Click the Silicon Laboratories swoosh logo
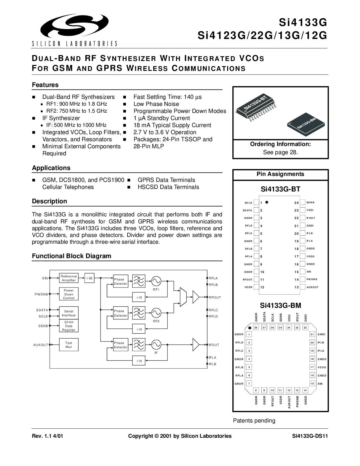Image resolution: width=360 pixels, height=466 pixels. pyautogui.click(x=75, y=26)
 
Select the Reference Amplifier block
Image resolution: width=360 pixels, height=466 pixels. pyautogui.click(x=69, y=278)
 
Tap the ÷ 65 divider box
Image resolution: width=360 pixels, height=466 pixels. pyautogui.click(x=90, y=278)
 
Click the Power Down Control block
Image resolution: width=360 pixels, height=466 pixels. pyautogui.click(x=69, y=294)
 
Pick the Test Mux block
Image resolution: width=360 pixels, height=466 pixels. pyautogui.click(x=69, y=345)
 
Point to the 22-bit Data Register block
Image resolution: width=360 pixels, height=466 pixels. pyautogui.click(x=69, y=326)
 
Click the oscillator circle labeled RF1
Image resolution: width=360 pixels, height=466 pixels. pyautogui.click(x=156, y=281)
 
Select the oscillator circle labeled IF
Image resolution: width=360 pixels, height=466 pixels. pyautogui.click(x=156, y=345)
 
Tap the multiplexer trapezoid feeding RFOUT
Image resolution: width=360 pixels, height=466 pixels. pyautogui.click(x=183, y=297)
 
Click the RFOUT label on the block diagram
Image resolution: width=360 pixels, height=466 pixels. pyautogui.click(x=215, y=297)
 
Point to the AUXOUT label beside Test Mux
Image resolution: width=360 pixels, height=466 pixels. pyautogui.click(x=41, y=345)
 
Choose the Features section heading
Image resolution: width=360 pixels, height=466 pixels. pyautogui.click(x=45, y=85)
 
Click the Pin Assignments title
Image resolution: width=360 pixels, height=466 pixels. pyautogui.click(x=280, y=174)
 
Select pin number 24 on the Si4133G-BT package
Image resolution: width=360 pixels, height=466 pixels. pyautogui.click(x=296, y=203)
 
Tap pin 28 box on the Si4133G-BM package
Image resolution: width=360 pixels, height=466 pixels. pyautogui.click(x=256, y=327)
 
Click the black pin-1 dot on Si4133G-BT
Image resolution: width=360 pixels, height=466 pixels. pyautogui.click(x=267, y=202)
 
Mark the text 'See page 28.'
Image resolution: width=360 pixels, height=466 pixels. pyautogui.click(x=280, y=152)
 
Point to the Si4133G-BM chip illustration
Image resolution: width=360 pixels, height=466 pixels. pyautogui.click(x=306, y=124)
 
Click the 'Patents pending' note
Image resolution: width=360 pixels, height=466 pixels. pyautogui.click(x=254, y=421)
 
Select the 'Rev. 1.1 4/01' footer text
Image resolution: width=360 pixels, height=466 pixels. pyautogui.click(x=47, y=436)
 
